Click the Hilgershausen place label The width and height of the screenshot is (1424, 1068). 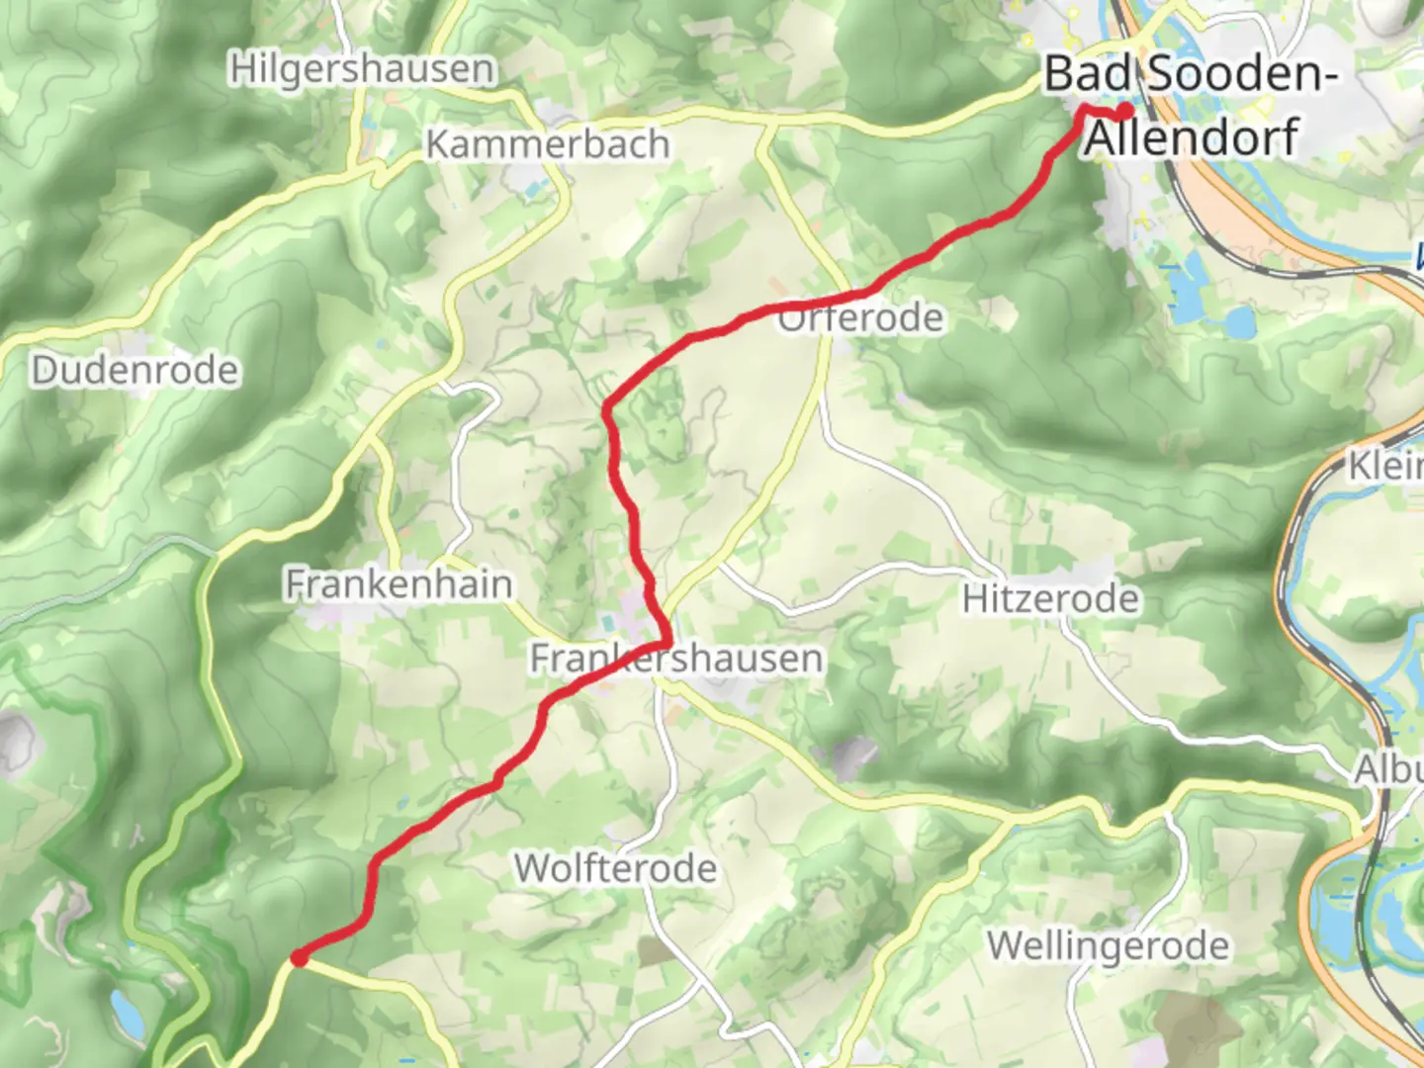coord(362,69)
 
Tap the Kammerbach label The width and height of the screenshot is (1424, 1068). coord(548,144)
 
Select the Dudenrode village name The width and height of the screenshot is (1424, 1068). coord(135,371)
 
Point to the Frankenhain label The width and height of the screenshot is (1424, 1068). coord(399,583)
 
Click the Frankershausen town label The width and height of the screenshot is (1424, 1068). coord(676,659)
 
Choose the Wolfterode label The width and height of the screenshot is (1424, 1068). coord(615,868)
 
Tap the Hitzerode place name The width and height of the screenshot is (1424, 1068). coord(1050,598)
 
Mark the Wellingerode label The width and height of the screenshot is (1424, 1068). coord(1109,945)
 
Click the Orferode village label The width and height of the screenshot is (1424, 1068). coord(861,318)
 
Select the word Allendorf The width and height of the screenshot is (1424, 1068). coord(1192,136)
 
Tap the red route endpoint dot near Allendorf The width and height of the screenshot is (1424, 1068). coord(1125,111)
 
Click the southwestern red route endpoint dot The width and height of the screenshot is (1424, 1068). coord(299,957)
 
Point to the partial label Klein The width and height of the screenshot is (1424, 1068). coord(1386,465)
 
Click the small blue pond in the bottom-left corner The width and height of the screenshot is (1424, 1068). coord(125,1010)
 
